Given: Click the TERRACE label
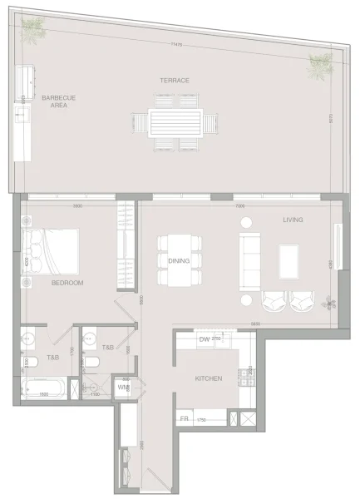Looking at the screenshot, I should (175, 80).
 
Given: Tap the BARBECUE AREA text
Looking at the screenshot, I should (59, 101).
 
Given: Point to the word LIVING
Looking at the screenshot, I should (293, 220).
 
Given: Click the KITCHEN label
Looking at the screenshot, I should (208, 378).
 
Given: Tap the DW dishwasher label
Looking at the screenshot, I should (204, 339).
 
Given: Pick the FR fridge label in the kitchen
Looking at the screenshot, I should (185, 419).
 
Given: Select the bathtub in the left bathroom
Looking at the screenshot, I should (44, 388).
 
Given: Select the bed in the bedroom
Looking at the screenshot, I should (54, 257).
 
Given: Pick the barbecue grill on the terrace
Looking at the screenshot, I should (27, 82).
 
